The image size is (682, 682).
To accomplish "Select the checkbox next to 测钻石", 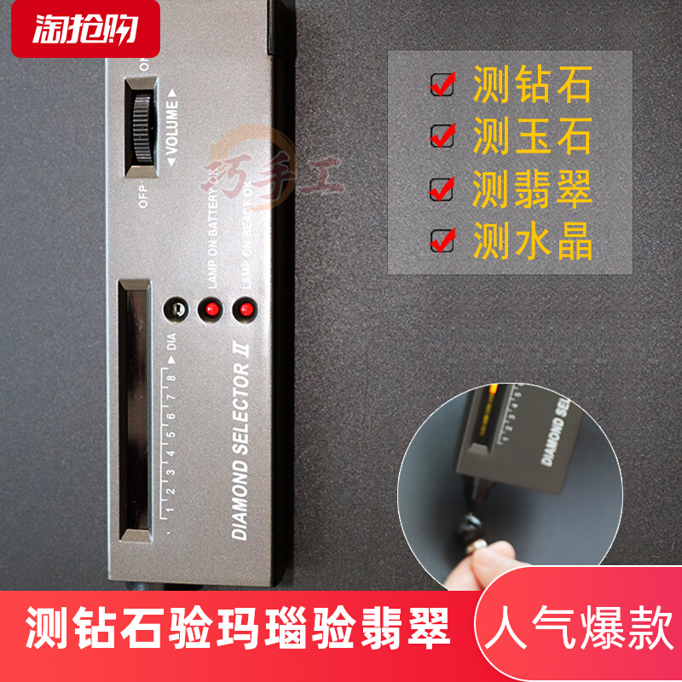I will point(442,84).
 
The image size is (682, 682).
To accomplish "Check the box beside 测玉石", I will point(442,135).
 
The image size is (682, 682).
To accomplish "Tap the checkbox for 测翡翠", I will point(442,188).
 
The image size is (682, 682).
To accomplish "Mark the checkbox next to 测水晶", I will point(442,240).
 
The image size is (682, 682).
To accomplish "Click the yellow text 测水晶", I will point(532,240).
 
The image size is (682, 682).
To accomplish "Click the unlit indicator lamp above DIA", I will point(176,309).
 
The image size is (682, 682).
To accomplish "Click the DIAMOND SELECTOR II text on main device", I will point(240,452).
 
